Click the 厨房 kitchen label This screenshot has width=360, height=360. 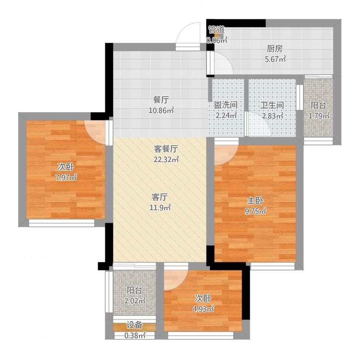[x=274, y=49]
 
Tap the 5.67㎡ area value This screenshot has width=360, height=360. [x=275, y=59]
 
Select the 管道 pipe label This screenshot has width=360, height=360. [x=216, y=30]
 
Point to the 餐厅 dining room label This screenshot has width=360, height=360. [x=161, y=100]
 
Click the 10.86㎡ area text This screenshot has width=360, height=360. [x=161, y=111]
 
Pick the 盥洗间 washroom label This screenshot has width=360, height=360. [x=226, y=105]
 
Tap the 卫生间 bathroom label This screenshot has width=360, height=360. [x=272, y=105]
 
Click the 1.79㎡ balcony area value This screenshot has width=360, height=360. [x=319, y=116]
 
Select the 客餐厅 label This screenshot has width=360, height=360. [x=166, y=149]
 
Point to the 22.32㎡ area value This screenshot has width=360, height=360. [x=166, y=159]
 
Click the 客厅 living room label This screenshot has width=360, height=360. [x=160, y=197]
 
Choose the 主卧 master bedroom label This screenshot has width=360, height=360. [x=255, y=201]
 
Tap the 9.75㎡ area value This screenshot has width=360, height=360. [x=256, y=211]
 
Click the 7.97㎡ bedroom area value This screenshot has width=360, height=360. [x=66, y=177]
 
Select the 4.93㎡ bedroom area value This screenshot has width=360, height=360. [x=203, y=309]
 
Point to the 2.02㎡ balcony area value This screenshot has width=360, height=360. [x=135, y=301]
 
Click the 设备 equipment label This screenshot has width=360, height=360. [x=135, y=325]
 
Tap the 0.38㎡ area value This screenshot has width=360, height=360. [x=135, y=335]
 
